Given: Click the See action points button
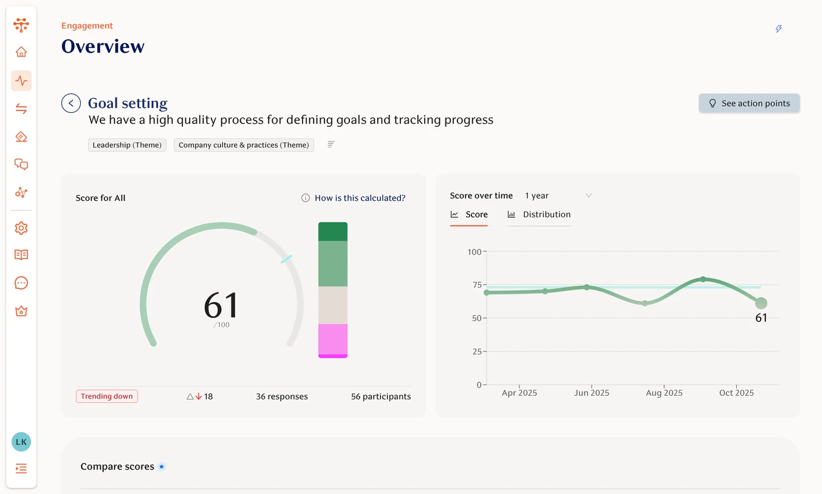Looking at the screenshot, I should coord(748,103).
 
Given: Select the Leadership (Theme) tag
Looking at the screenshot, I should coord(127,145).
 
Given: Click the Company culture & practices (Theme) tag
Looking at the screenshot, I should coord(244,145).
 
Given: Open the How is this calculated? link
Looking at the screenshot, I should coord(359,198).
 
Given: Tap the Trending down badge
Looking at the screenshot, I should coord(107,396).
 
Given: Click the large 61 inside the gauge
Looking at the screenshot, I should coord(221,305).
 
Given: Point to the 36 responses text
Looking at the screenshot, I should coord(281,396).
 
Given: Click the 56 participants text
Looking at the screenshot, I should coord(380,396).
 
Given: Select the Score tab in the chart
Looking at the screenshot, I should coord(470,214).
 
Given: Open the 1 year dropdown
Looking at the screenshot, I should coord(558,195).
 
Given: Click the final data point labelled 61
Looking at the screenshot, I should coord(761,303).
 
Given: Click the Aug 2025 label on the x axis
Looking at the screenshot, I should coord(664,393).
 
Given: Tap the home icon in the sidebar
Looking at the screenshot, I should coord(21,52).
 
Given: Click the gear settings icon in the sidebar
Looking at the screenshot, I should coord(21,228).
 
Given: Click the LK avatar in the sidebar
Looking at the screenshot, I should coord(21,442).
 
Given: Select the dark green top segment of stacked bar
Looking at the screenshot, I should coord(333,231).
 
